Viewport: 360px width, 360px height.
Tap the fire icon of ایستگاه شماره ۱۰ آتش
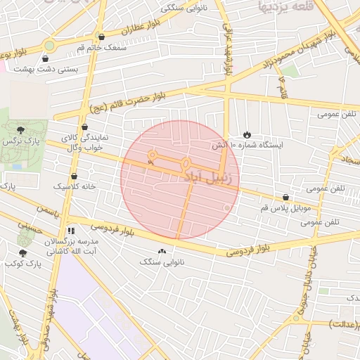247,134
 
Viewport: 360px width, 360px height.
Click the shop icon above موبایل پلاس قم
285,198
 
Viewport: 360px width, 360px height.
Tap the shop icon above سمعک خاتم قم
103,37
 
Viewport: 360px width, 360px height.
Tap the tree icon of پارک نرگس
20,129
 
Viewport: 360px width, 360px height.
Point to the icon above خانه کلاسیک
74,176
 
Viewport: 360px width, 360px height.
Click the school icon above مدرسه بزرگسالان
70,230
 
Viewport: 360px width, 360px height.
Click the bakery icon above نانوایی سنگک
162,251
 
